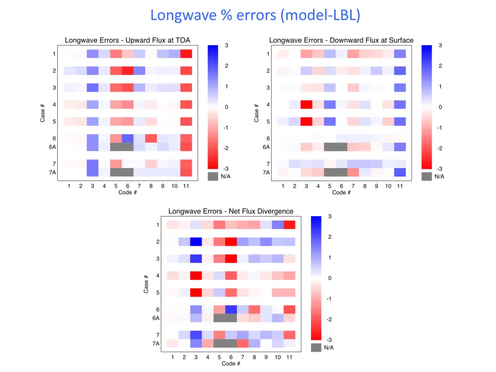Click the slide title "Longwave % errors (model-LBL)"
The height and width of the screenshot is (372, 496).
255,15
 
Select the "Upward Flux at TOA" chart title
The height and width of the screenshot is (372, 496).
128,40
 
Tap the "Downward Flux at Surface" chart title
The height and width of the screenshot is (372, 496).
341,40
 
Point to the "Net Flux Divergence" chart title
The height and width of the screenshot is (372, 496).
231,211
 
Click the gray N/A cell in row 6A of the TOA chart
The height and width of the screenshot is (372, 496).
122,147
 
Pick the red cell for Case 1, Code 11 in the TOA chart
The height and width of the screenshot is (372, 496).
186,54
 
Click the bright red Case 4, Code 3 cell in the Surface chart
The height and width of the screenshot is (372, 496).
306,105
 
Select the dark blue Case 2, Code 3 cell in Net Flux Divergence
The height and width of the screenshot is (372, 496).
196,242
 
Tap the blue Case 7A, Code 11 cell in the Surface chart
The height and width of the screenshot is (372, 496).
400,172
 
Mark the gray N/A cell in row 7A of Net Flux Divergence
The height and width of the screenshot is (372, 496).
225,343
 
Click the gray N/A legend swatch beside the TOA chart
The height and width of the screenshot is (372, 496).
213,177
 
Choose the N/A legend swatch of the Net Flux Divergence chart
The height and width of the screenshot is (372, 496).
316,347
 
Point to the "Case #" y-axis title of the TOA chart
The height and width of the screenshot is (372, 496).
43,112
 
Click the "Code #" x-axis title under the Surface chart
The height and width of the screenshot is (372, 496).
341,192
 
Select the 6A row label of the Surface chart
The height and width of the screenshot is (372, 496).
265,147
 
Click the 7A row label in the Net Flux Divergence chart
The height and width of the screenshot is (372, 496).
156,343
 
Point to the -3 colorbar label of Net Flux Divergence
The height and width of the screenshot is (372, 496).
329,340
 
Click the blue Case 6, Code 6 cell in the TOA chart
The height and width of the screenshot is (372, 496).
127,139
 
